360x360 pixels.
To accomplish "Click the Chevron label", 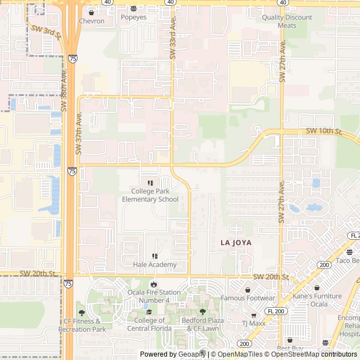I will click(91, 21).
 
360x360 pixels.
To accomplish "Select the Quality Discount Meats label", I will click(287, 21).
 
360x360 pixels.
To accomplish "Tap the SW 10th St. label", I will click(324, 131).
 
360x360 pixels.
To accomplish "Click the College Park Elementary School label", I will click(150, 195).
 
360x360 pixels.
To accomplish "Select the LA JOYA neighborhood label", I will click(236, 242).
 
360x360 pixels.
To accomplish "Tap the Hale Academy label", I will click(155, 264).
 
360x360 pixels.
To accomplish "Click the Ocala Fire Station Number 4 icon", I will click(155, 285).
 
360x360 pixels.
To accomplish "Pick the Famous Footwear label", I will click(247, 298).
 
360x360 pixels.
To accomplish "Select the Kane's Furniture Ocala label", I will click(317, 300).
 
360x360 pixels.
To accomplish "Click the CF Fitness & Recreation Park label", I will click(82, 325).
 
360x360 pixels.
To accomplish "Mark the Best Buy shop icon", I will click(290, 340).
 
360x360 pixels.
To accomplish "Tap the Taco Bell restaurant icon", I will click(349, 252).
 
